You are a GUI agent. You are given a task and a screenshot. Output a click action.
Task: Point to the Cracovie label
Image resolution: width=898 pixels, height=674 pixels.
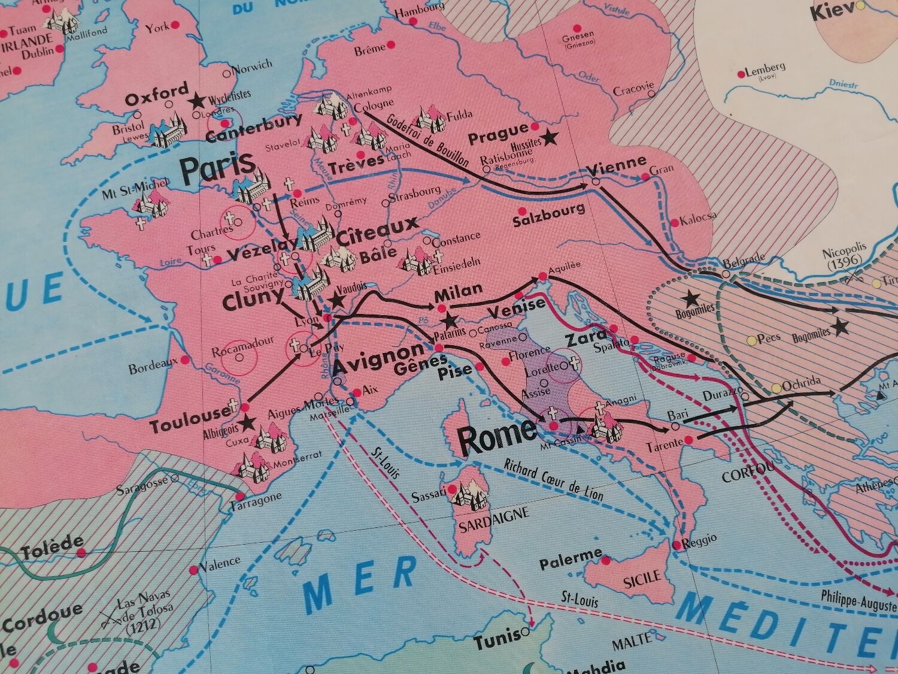(x=633, y=90)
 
